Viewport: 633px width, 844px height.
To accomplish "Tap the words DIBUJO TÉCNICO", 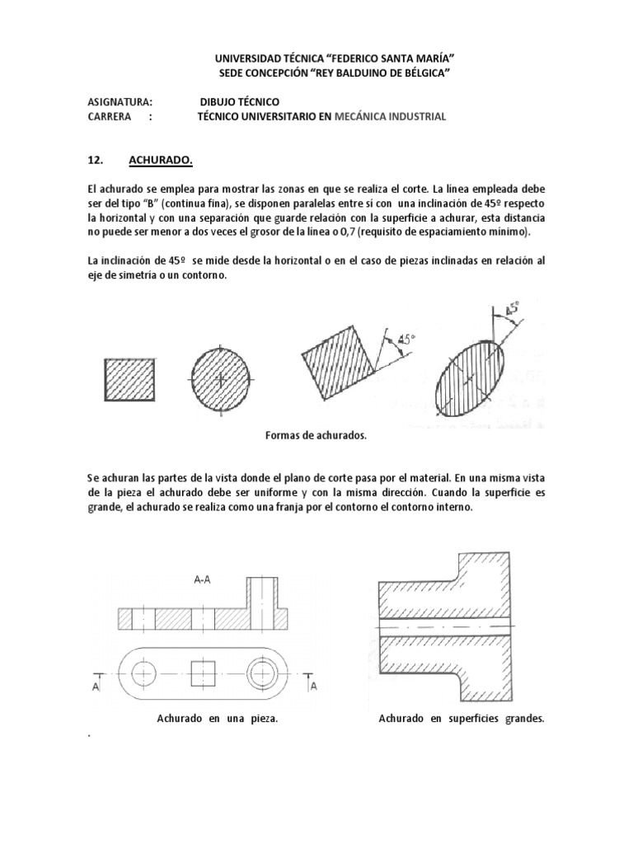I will pyautogui.click(x=238, y=101).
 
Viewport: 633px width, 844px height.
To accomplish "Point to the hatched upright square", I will pyautogui.click(x=128, y=379).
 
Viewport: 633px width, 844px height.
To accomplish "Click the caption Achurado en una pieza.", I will pyautogui.click(x=217, y=719).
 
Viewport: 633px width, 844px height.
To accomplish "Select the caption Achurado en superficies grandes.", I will pyautogui.click(x=462, y=719).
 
